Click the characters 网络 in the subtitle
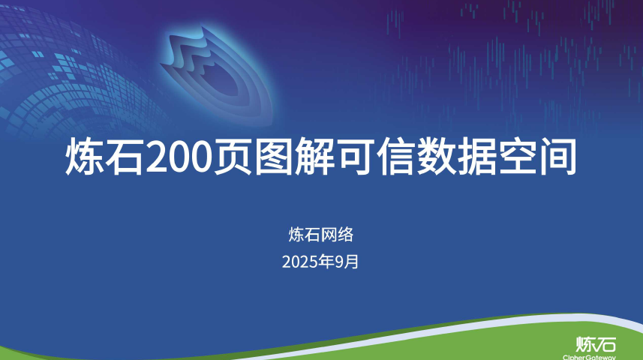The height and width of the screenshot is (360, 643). point(337,235)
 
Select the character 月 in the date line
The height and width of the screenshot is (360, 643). point(353,262)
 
